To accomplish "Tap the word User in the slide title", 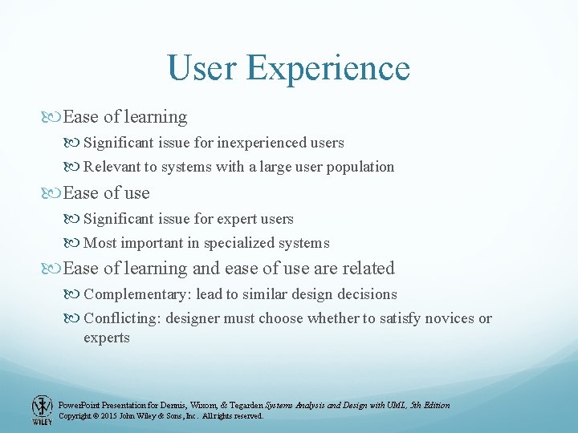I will pos(202,67).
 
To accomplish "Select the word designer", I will pos(193,318).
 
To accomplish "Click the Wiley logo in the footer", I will pos(42,410).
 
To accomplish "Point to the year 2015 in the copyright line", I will pos(112,416).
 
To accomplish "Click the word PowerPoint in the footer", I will pos(80,405).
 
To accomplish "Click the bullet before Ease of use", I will pos(54,193).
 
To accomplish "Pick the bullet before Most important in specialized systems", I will pos(75,243).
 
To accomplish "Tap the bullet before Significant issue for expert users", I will pos(75,219).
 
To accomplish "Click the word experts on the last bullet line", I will pos(106,338).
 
